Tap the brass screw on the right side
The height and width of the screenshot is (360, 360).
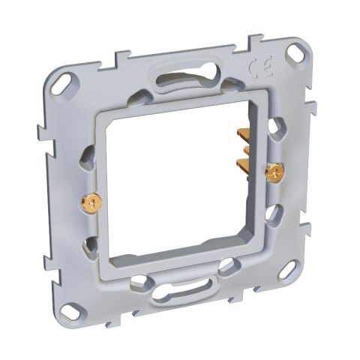274,172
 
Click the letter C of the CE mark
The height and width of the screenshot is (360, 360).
255,66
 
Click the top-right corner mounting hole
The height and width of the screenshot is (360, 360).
295,52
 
